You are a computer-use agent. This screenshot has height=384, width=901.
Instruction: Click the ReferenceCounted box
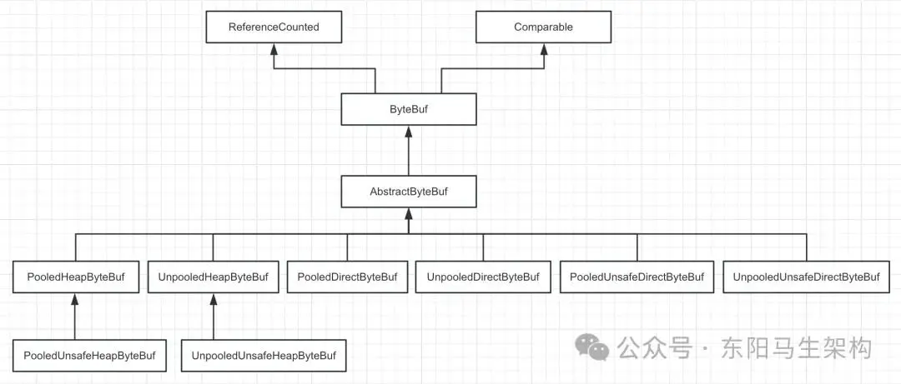(274, 27)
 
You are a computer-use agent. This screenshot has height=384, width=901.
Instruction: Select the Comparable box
(543, 27)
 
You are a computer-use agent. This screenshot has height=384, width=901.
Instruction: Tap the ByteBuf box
(409, 109)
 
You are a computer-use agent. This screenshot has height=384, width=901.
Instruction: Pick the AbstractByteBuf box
(409, 191)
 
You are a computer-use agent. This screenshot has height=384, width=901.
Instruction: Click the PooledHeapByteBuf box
(75, 277)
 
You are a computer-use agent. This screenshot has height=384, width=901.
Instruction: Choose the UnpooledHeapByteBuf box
(213, 277)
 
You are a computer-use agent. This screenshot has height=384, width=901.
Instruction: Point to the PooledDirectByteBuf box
(347, 277)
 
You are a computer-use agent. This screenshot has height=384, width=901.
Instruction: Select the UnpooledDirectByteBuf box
(483, 277)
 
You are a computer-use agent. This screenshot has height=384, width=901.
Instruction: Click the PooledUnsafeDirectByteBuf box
(637, 277)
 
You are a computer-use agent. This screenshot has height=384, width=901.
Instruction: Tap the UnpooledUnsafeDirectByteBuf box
(806, 277)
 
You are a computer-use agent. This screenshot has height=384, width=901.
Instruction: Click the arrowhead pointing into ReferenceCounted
(274, 49)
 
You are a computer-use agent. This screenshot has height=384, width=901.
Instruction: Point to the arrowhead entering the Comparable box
(544, 49)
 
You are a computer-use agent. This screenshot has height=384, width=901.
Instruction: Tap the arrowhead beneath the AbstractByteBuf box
(409, 213)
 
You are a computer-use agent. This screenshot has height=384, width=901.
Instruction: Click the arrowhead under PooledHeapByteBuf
(74, 299)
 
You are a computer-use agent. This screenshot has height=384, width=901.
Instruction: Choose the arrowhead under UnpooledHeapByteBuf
(214, 299)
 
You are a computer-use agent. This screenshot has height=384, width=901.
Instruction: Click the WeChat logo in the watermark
(592, 347)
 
